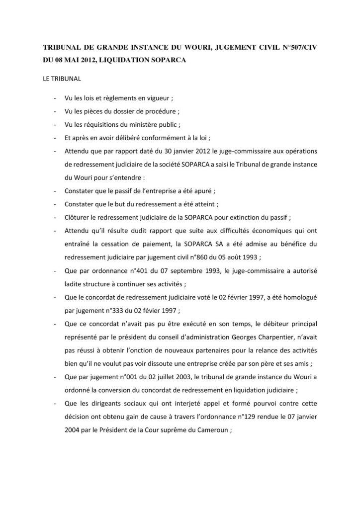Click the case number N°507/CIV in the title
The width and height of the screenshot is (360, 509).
(296, 49)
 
